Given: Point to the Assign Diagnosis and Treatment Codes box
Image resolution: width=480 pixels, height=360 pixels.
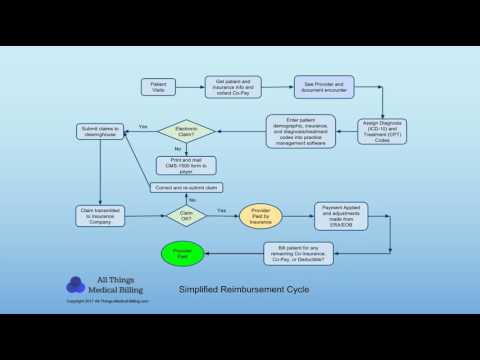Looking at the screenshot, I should tap(382, 131).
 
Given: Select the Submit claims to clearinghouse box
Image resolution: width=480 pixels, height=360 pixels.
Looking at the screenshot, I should tap(100, 131).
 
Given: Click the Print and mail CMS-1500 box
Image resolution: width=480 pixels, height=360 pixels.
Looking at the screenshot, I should tap(186, 165).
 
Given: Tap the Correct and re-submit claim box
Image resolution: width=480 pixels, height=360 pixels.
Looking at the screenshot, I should tap(186, 188).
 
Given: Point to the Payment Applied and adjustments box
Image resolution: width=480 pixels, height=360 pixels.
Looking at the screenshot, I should tap(343, 213).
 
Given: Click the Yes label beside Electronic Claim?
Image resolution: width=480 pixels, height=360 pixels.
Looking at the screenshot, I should tap(143, 127).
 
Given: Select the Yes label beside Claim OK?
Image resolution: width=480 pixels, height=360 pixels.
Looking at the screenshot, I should tap(221, 210).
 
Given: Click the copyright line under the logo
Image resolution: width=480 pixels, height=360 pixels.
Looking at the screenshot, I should tap(107, 300).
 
